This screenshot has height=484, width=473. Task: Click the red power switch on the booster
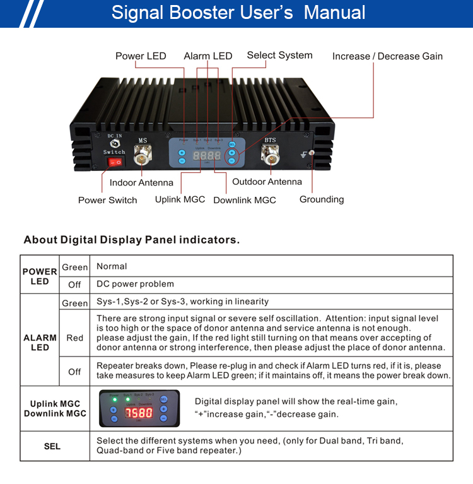point(115,163)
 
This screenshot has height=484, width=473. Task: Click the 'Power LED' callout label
point(141,56)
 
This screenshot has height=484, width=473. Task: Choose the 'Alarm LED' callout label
point(208,56)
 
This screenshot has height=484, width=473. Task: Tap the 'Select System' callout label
point(279,56)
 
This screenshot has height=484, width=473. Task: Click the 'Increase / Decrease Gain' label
point(387,56)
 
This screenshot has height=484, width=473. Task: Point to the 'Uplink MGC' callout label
point(180,199)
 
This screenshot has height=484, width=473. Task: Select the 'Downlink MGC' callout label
point(245,200)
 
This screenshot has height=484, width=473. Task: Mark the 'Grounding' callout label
point(322,199)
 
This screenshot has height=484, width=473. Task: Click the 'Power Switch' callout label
point(107,200)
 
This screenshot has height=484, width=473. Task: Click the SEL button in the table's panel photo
point(163,399)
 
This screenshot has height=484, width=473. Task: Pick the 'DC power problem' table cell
point(135,285)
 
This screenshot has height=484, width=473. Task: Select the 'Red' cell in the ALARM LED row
point(74,338)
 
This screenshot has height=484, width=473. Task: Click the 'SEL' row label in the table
point(52,446)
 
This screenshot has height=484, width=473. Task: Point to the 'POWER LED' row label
point(40,276)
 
